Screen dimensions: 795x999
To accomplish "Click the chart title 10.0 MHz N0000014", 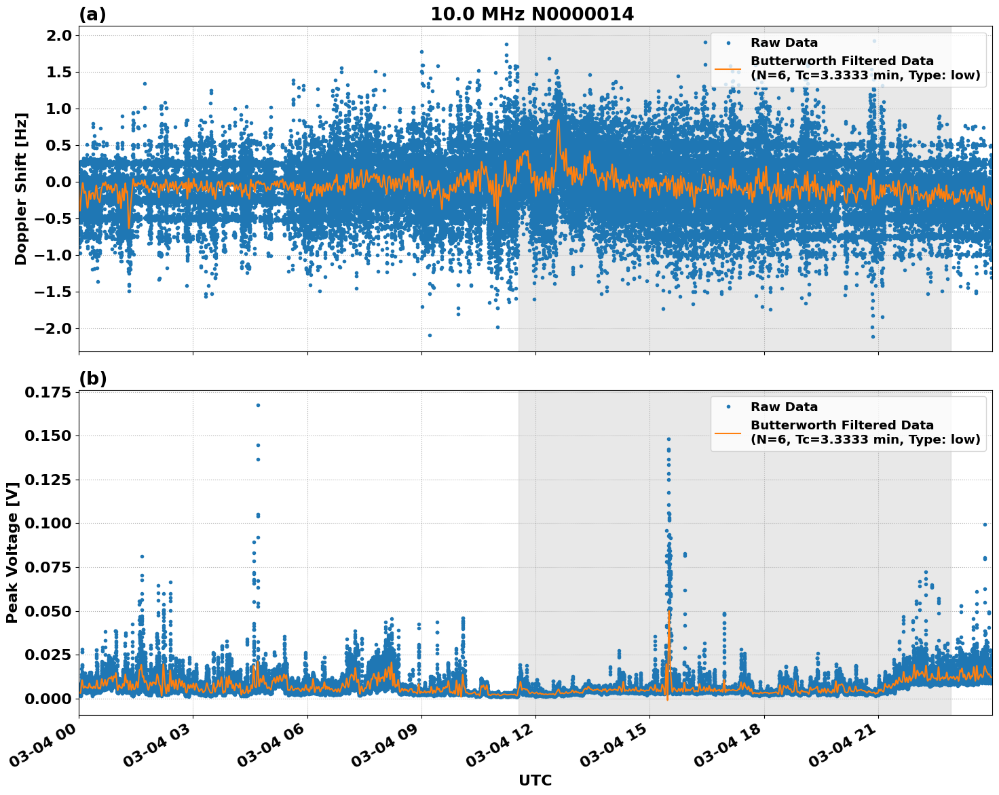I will click(x=531, y=14).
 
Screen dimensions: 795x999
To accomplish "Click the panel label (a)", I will click(x=92, y=14).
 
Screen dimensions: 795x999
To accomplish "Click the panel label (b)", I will click(x=92, y=379).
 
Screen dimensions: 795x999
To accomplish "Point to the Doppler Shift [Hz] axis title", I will click(x=20, y=189).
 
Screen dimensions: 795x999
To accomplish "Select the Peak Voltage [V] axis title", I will click(x=12, y=551).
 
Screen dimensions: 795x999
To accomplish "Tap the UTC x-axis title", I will click(x=535, y=780).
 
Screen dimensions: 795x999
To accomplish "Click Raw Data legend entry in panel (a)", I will click(x=784, y=43).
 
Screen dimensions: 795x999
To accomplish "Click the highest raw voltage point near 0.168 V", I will click(x=258, y=405).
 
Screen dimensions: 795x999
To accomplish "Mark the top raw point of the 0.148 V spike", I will click(x=668, y=439).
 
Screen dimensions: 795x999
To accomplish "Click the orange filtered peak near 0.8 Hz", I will click(x=558, y=121).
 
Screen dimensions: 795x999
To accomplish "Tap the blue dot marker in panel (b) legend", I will click(x=728, y=407).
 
